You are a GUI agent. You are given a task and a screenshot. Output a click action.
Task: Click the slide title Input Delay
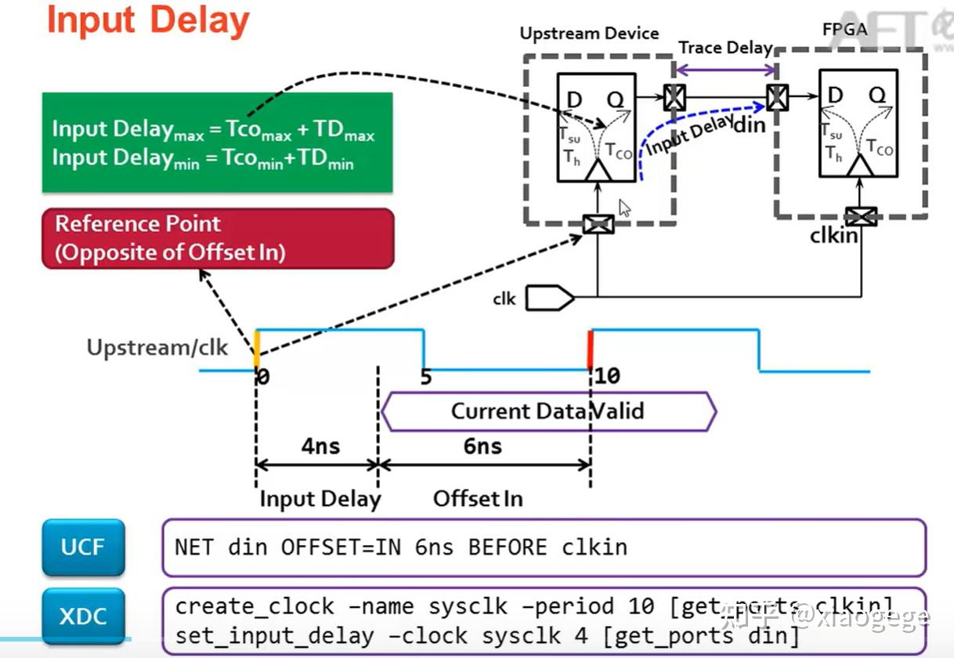tap(148, 21)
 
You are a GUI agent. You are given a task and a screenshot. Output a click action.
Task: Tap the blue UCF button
tap(82, 547)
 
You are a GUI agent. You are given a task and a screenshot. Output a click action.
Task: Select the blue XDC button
tap(82, 616)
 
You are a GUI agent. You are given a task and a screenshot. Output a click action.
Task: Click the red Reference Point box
tap(217, 238)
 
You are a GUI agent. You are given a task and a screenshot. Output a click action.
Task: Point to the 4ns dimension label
tap(320, 446)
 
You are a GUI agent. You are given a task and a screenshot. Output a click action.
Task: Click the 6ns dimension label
tap(482, 446)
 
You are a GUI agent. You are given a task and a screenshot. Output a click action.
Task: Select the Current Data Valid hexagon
tap(547, 411)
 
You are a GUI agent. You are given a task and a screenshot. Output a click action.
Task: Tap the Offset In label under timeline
tap(478, 498)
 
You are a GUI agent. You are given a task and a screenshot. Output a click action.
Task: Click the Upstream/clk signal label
tap(157, 347)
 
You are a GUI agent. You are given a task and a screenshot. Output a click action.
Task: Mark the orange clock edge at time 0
tap(256, 349)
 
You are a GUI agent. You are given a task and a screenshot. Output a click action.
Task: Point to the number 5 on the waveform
tap(425, 377)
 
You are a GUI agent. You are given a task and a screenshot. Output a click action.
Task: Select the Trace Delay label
tap(725, 48)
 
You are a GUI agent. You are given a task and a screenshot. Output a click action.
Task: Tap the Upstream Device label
tap(589, 34)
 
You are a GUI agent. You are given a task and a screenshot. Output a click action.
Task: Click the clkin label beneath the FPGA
tap(834, 234)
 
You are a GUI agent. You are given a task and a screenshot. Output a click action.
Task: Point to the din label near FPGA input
tap(750, 124)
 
